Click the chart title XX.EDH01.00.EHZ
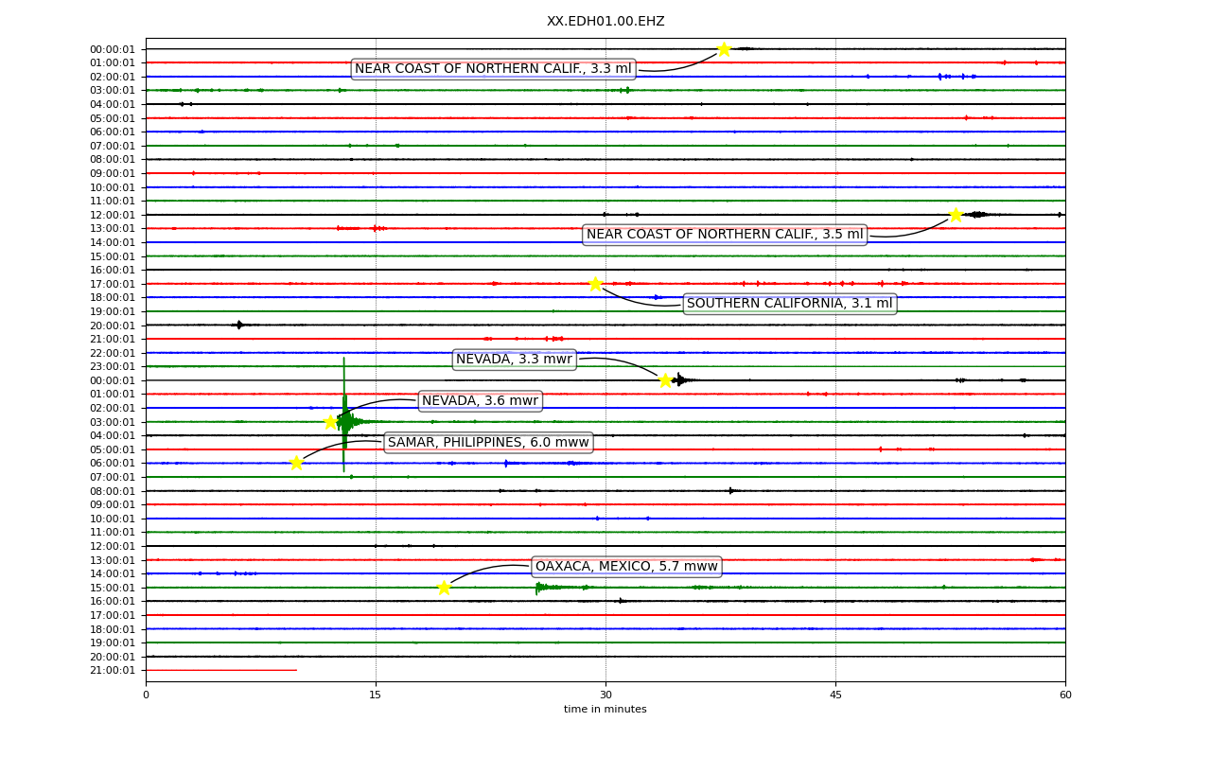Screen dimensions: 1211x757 pos(605,21)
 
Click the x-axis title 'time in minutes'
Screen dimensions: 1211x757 pos(605,709)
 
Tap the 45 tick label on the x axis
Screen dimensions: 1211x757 pos(835,695)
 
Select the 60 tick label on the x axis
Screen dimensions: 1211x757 pos(1065,695)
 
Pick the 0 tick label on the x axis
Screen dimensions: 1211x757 pos(146,695)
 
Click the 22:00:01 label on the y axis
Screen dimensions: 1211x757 pos(113,353)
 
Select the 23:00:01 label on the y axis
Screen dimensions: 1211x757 pos(113,366)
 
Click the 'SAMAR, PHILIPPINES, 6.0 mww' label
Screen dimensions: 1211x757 pos(488,442)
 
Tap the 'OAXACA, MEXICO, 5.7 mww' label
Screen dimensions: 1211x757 pos(626,566)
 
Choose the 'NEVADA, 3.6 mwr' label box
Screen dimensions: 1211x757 pos(480,400)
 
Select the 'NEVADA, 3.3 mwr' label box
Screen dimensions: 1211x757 pos(514,359)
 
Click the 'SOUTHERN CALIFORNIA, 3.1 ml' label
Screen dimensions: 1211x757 pos(789,304)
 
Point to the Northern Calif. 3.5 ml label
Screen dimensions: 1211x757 pos(725,234)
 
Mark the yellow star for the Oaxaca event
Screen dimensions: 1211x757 pos(444,588)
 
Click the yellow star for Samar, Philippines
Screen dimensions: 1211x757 pos(296,463)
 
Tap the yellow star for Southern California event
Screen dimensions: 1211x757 pos(595,284)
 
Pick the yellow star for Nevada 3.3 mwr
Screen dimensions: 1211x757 pos(665,380)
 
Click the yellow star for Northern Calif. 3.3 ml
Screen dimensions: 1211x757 pos(724,49)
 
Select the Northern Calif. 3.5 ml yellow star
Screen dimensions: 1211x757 pos(956,215)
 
